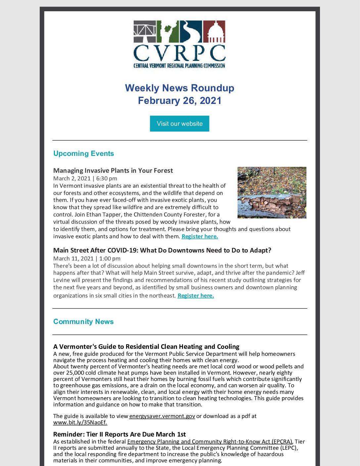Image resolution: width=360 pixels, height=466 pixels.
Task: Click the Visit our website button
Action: coord(179,124)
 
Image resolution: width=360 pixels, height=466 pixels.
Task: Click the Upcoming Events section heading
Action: coord(83,154)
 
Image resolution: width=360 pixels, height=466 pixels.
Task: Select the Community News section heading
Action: coord(83,322)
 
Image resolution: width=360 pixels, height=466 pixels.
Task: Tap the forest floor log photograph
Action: coord(272,193)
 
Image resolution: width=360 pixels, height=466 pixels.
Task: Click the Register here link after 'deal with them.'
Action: coord(200,236)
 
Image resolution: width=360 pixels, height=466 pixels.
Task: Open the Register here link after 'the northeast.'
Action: coord(196,296)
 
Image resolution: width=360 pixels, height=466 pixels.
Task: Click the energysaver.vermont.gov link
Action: coord(162,416)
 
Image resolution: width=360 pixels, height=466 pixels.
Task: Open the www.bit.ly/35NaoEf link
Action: coord(80,422)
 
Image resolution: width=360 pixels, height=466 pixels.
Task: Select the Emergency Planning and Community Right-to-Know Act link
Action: coord(210,442)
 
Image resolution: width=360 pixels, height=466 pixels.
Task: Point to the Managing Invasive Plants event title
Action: coord(113,170)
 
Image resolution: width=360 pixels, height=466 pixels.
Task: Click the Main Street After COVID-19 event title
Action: coord(162,250)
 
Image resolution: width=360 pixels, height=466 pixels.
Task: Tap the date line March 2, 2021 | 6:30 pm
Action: coord(85,178)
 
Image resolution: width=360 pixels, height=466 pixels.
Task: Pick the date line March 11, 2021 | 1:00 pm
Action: coord(87,258)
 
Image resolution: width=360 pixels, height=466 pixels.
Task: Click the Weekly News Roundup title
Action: coord(179,88)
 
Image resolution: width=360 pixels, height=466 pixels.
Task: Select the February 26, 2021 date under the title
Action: coord(179,101)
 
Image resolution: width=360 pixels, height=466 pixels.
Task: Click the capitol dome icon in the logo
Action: coord(214,32)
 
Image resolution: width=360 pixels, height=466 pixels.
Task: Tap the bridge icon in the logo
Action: coord(145,32)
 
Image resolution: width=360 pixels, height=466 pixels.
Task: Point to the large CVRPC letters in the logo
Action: coord(179,53)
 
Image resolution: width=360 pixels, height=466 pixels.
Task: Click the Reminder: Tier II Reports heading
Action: coord(119,434)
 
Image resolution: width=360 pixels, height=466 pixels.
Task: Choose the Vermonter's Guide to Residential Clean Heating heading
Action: coord(146,347)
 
